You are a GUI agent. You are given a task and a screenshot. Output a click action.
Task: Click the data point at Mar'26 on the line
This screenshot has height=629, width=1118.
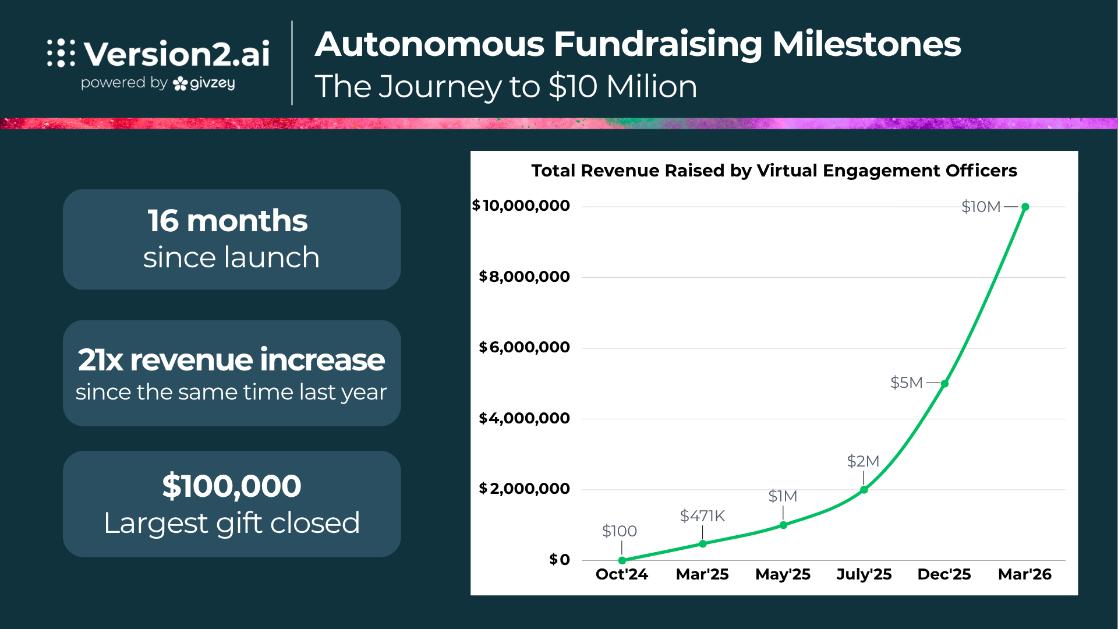(1025, 207)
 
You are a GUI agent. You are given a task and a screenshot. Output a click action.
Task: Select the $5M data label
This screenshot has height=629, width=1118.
(907, 383)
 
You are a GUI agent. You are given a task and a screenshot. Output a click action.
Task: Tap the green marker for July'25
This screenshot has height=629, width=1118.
(864, 490)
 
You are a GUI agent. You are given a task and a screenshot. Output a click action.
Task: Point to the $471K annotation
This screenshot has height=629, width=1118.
(702, 516)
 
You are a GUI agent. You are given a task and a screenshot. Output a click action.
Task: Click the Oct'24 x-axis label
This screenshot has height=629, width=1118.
(621, 574)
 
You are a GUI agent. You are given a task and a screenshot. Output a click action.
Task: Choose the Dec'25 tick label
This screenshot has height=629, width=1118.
(944, 574)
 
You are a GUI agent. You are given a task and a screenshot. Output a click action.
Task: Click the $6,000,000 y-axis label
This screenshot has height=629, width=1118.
(524, 348)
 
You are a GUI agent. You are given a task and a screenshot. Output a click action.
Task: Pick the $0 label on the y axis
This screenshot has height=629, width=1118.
(560, 560)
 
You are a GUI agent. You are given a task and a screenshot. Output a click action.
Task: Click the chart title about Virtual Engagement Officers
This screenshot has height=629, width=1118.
(774, 171)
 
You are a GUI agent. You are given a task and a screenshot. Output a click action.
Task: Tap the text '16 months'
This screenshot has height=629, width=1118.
(227, 221)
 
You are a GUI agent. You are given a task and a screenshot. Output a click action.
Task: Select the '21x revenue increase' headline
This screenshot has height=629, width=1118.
(231, 359)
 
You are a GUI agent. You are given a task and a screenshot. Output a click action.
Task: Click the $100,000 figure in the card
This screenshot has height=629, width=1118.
(231, 486)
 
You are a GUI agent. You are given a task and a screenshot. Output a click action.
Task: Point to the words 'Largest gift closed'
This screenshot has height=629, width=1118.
(231, 522)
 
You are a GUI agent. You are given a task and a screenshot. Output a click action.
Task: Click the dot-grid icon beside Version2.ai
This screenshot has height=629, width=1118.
(61, 54)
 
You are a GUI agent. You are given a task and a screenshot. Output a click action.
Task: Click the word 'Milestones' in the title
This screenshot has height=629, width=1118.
(866, 44)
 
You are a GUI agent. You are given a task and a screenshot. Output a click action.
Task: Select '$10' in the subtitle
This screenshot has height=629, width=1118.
(573, 87)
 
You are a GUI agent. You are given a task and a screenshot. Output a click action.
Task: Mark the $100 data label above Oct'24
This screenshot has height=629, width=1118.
(619, 531)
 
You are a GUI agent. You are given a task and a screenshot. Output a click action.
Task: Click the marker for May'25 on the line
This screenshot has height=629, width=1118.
(783, 525)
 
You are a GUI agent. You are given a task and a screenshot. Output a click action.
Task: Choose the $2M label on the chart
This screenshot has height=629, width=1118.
(863, 461)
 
